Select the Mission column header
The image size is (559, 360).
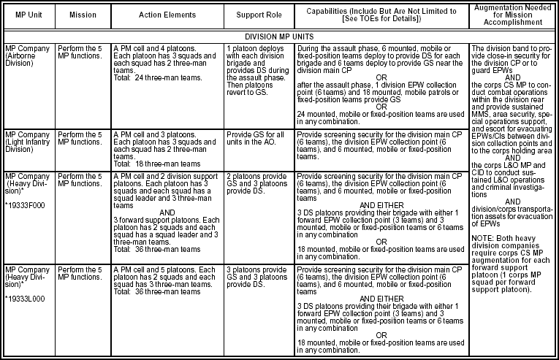[x=82, y=14]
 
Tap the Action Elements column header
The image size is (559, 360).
[x=165, y=14]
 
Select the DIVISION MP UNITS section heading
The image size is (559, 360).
[x=279, y=34]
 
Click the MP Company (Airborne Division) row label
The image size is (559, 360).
[x=26, y=55]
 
